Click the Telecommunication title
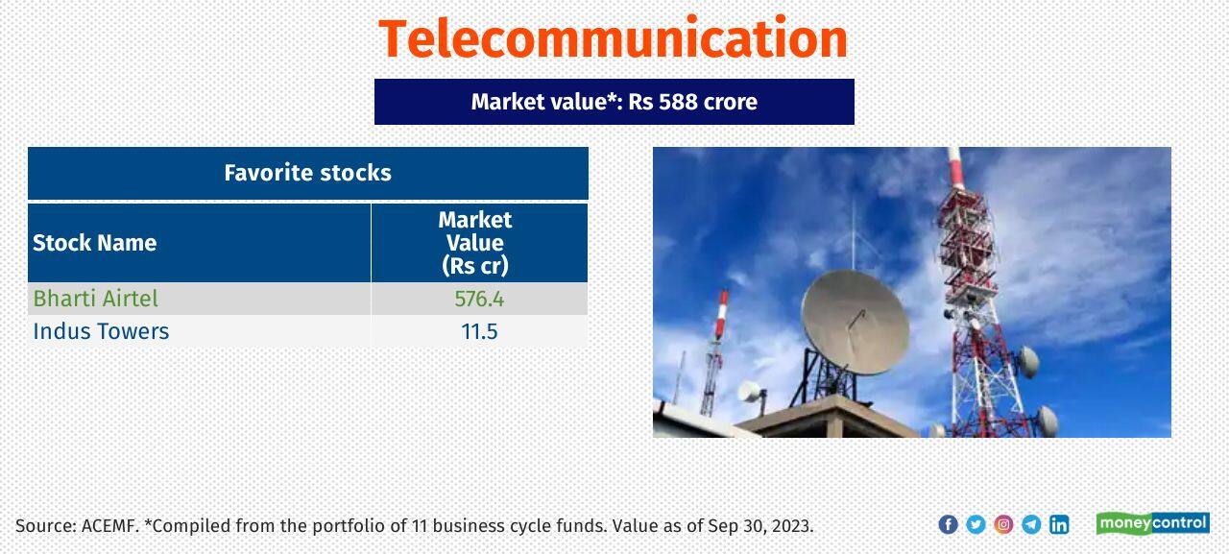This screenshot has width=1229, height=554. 613,38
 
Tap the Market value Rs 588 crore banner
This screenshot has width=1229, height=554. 614,102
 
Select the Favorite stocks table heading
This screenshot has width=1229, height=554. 307,173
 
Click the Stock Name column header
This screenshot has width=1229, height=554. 94,243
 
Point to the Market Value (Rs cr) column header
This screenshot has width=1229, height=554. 477,243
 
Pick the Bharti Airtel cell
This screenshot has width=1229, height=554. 95,299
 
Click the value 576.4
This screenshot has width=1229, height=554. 478,299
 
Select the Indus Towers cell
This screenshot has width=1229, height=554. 101,331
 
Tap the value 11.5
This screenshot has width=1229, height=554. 478,331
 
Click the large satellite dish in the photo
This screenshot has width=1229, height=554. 854,322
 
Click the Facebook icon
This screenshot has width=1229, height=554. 948,524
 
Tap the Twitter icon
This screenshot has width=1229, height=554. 976,524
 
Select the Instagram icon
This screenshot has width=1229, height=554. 1003,524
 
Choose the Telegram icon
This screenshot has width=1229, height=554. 1031,524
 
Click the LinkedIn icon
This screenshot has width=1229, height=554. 1059,524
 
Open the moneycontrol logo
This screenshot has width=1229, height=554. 1152,523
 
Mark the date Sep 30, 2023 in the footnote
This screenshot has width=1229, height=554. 760,526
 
